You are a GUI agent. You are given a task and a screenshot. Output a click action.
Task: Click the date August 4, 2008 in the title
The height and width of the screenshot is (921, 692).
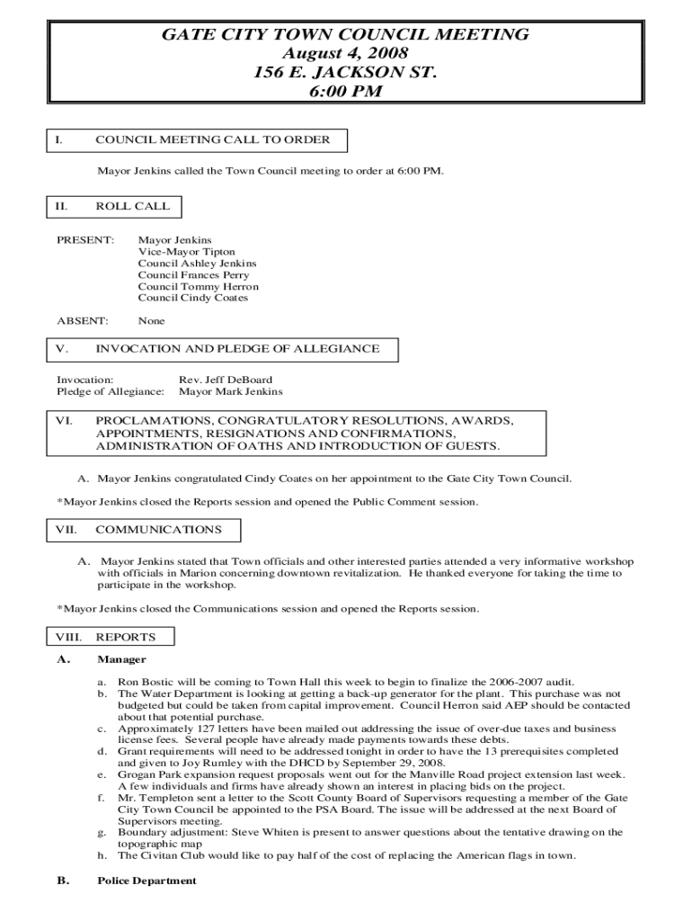click(x=345, y=54)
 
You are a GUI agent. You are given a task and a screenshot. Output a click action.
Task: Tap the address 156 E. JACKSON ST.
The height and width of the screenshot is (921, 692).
click(x=345, y=73)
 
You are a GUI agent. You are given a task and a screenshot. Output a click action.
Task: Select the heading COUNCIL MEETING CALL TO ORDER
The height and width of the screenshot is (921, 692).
click(x=212, y=139)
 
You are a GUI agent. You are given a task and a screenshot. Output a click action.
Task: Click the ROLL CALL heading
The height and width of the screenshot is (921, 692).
click(x=132, y=206)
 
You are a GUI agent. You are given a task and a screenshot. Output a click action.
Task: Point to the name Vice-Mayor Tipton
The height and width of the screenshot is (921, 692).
click(x=186, y=253)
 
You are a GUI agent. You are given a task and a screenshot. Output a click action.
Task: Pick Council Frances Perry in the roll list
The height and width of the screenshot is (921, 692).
click(x=193, y=275)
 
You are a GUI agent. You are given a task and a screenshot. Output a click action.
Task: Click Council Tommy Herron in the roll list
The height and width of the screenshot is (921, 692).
click(x=198, y=287)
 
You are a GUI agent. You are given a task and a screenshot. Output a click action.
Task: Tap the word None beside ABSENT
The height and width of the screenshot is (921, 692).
click(x=151, y=321)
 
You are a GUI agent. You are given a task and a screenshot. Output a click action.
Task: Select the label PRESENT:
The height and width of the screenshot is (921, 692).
click(x=85, y=241)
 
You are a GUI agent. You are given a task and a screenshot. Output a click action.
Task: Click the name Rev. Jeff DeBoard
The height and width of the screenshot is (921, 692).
click(x=226, y=380)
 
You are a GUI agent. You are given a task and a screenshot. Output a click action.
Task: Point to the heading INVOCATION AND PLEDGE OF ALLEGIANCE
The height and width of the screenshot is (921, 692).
click(x=237, y=349)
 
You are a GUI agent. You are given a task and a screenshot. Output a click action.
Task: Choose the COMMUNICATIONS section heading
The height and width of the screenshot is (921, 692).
click(x=158, y=531)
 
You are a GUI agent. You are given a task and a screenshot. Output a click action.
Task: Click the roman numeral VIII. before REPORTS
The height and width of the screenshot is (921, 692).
click(x=68, y=638)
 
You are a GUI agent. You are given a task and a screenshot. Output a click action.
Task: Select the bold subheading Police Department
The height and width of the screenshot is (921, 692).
click(x=146, y=881)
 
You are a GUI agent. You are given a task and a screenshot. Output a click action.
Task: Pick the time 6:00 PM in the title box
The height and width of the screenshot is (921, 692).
click(x=345, y=92)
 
